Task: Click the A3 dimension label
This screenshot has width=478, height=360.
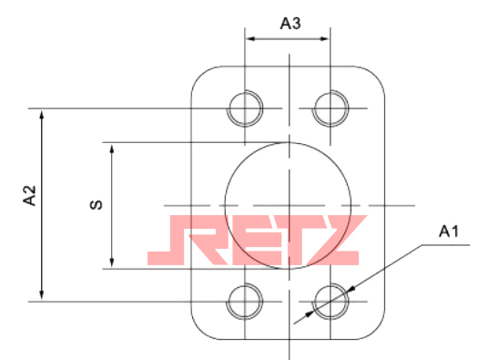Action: tap(290, 24)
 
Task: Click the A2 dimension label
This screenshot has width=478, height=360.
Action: tap(29, 195)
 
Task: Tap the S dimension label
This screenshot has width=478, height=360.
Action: tap(96, 204)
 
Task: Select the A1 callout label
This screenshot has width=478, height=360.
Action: tap(449, 231)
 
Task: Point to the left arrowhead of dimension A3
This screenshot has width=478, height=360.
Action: tap(250, 39)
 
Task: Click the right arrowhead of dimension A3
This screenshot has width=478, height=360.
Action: tap(324, 39)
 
